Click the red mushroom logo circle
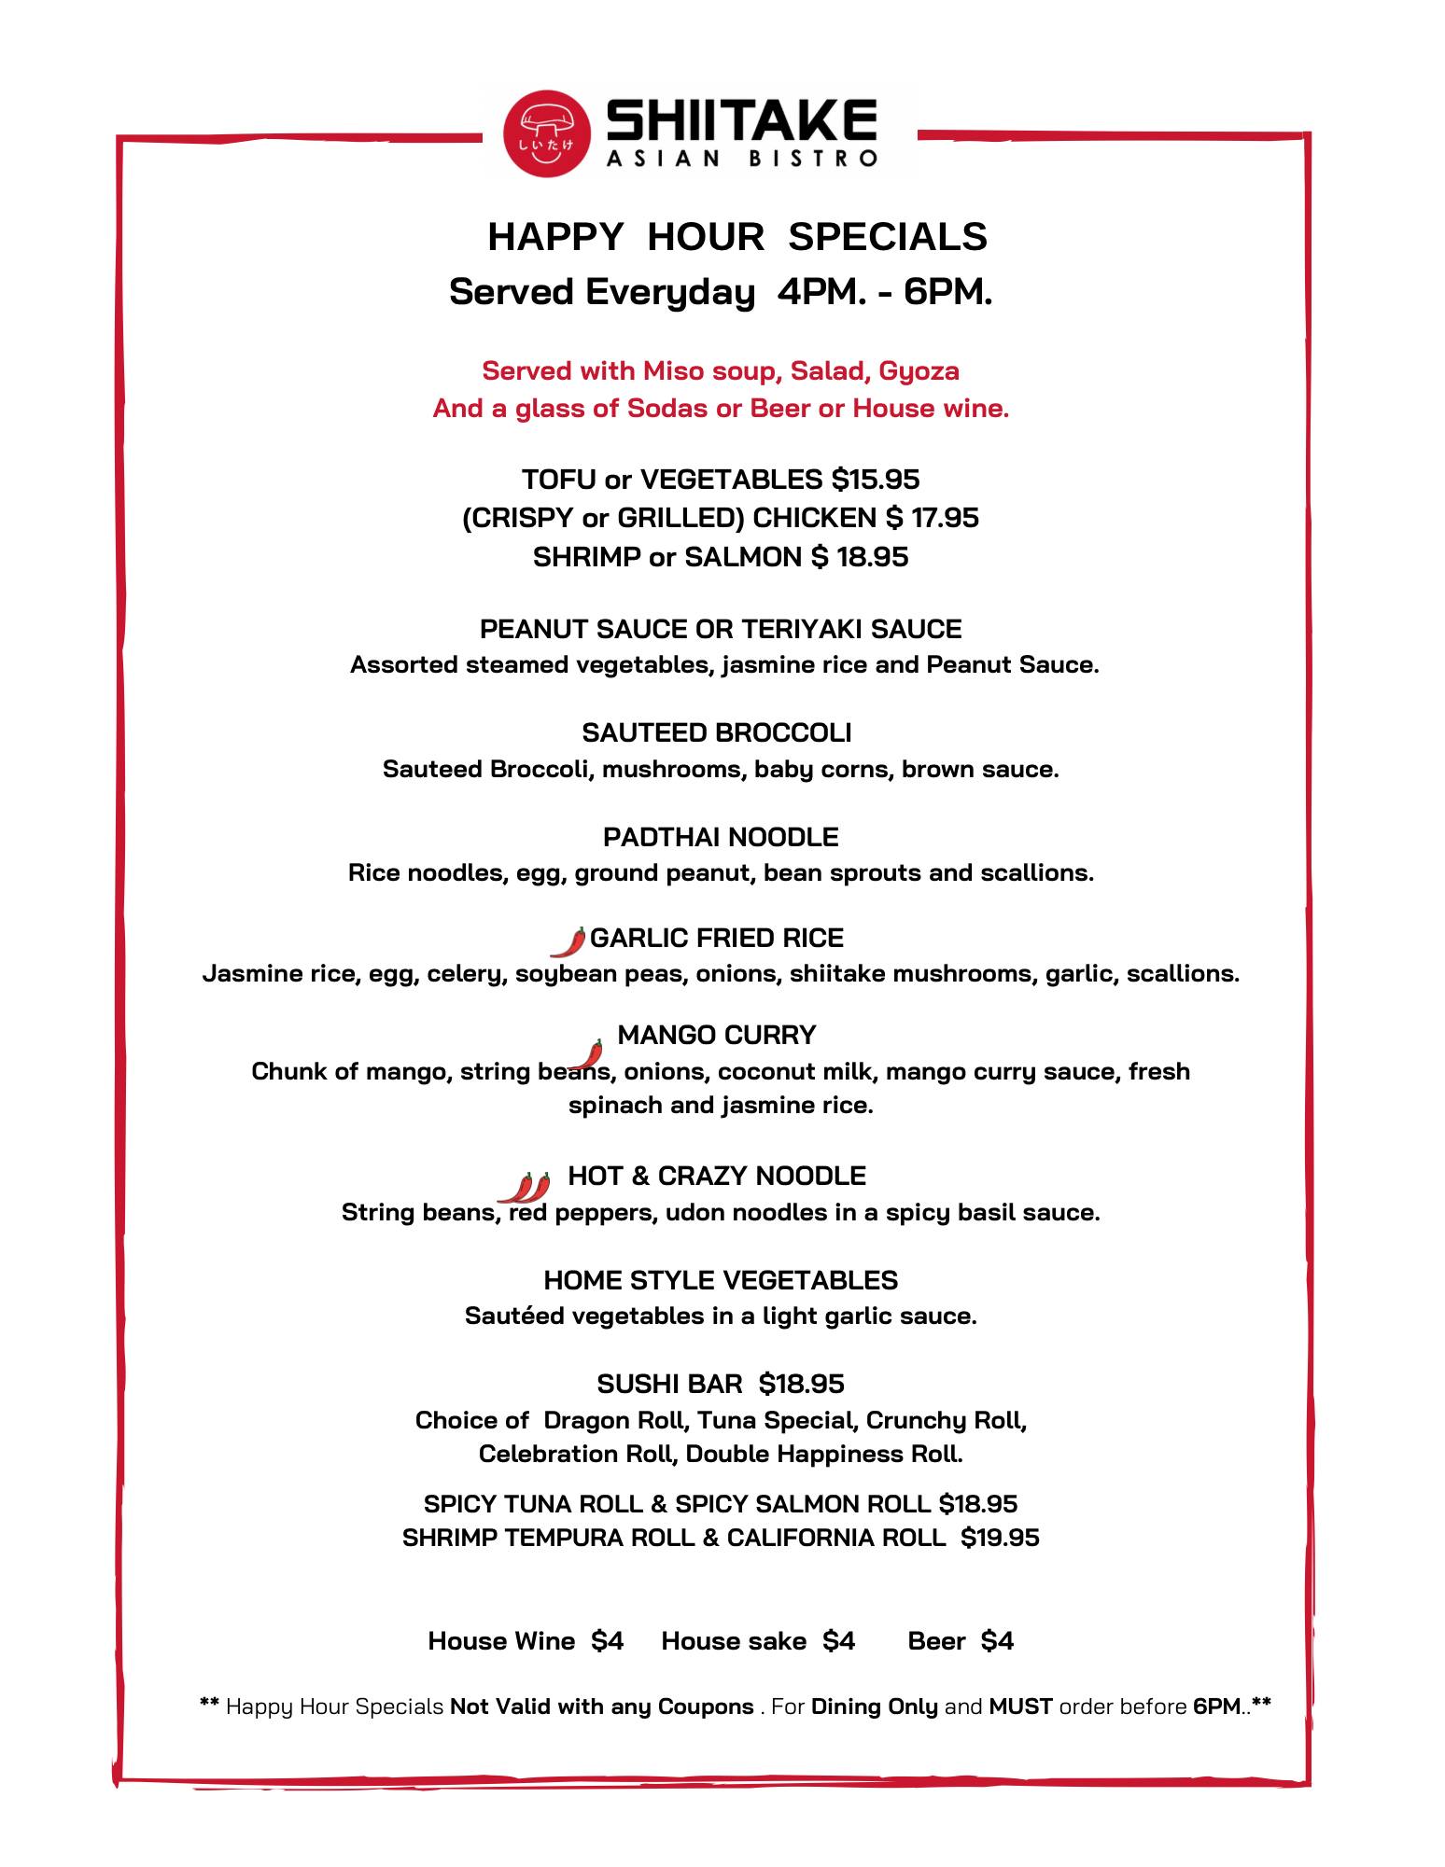(x=547, y=132)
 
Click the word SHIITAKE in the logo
(x=742, y=120)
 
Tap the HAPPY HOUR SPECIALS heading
(x=737, y=237)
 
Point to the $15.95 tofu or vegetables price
(x=876, y=480)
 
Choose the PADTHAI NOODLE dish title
(x=721, y=837)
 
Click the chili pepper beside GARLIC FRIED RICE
(x=568, y=942)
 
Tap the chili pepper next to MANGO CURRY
(x=586, y=1054)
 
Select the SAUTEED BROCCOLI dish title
(x=717, y=733)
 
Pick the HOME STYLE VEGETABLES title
(x=721, y=1280)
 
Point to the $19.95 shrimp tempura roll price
(x=1000, y=1538)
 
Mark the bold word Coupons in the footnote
(x=706, y=1707)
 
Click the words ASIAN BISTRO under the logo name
(x=742, y=158)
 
